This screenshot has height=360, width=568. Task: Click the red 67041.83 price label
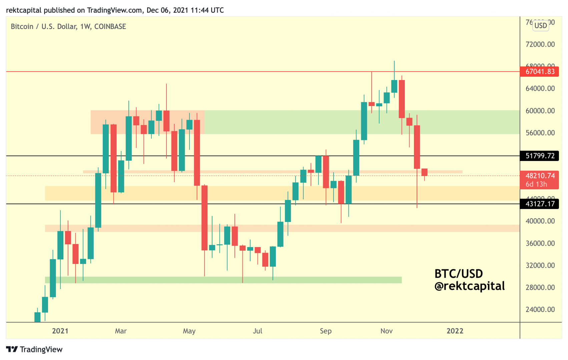[539, 72]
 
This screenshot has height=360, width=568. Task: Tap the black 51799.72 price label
[539, 156]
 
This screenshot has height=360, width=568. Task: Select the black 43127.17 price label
[539, 204]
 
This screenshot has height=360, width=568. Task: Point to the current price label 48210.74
[540, 176]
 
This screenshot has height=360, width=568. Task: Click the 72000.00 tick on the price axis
[540, 44]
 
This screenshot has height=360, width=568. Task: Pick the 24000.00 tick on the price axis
[540, 310]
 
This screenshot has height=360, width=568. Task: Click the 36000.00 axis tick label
[540, 243]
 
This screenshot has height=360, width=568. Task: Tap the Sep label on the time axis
[326, 331]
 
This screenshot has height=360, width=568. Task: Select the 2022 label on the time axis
[455, 331]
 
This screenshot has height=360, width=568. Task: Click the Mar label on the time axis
[121, 331]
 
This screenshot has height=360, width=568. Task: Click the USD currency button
[541, 26]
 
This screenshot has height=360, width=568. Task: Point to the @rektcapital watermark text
[470, 286]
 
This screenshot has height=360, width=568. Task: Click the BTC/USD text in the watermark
[459, 274]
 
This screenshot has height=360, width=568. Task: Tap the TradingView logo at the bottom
[34, 349]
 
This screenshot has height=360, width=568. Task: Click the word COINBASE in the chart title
[110, 27]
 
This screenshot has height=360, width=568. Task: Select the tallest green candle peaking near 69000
[394, 86]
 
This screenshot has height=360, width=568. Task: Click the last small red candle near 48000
[424, 172]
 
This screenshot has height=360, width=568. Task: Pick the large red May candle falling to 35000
[204, 218]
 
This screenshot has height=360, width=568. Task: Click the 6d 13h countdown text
[536, 184]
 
